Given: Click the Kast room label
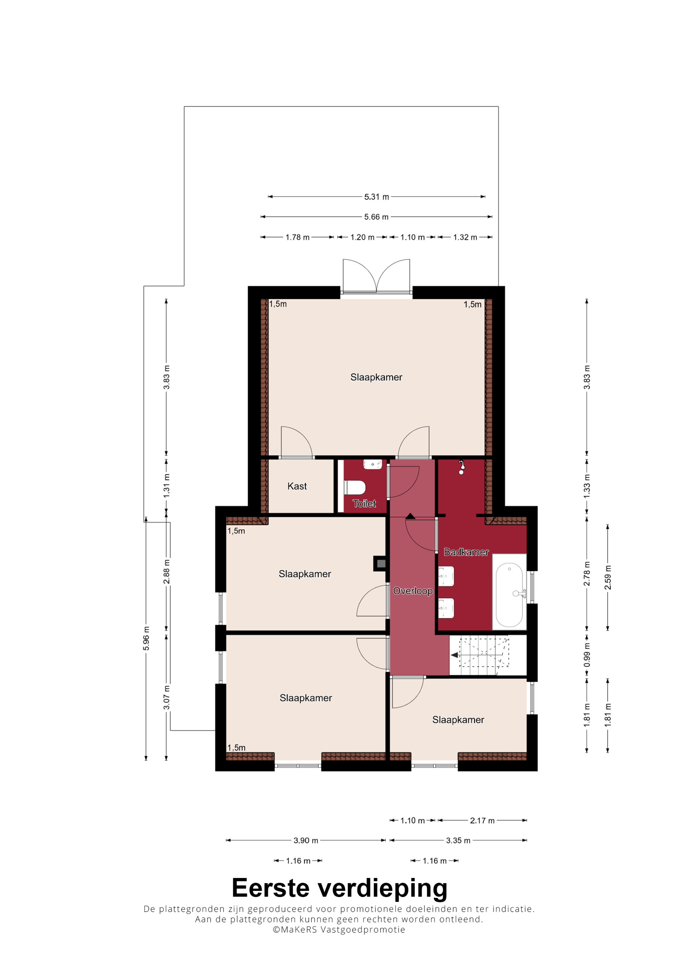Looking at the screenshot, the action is [x=297, y=486].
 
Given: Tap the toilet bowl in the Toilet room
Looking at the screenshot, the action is [x=355, y=487].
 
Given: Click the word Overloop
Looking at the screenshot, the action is [x=413, y=591].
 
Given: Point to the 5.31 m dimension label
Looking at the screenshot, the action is [x=376, y=197].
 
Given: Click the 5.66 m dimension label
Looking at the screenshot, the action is [x=376, y=217].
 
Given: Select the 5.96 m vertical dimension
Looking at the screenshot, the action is [x=146, y=639].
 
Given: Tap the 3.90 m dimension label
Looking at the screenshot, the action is [x=306, y=840].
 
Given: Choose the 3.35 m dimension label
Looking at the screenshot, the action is [x=458, y=840].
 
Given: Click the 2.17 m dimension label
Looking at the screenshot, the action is [x=482, y=821].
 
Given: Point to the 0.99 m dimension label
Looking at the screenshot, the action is [x=587, y=655].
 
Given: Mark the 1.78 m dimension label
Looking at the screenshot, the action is [x=297, y=237].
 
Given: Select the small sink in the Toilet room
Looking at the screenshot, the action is [x=373, y=464].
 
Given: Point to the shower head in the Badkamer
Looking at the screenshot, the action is [x=461, y=467].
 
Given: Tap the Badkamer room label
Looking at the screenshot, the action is [x=466, y=552].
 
